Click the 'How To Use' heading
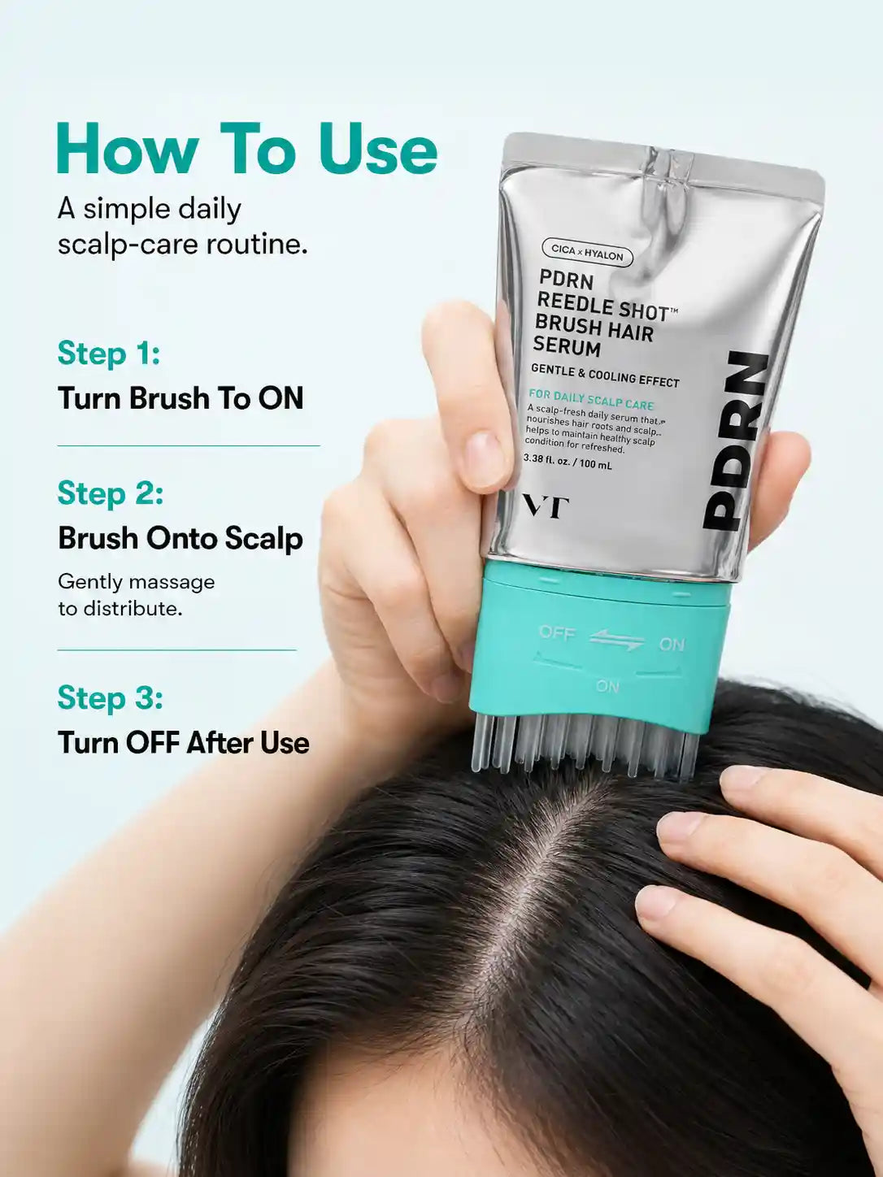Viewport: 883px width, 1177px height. pos(247,149)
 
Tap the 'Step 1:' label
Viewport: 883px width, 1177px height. pos(109,353)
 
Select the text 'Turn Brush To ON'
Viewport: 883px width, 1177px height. pos(181,398)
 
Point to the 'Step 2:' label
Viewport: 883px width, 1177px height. pos(110,493)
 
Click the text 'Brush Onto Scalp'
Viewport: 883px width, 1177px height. pos(181,538)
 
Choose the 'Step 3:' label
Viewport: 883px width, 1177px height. pos(110,697)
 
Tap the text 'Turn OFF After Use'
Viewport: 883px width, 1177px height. pos(184,743)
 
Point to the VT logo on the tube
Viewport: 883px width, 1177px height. pos(546,507)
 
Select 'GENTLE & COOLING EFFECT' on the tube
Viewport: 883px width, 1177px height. pos(605,375)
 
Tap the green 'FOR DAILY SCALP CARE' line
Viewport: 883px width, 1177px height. pos(591,400)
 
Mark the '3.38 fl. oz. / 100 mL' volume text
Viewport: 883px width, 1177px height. pos(568,462)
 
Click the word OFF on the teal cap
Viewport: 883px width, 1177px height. pos(557,633)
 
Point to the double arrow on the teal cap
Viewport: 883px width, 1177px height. pos(617,640)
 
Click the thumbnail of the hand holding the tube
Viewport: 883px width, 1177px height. pos(485,459)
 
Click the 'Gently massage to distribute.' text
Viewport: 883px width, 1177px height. pos(136,595)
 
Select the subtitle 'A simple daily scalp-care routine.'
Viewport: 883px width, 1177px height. pos(182,227)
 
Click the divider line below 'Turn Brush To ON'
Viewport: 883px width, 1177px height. pos(189,445)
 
